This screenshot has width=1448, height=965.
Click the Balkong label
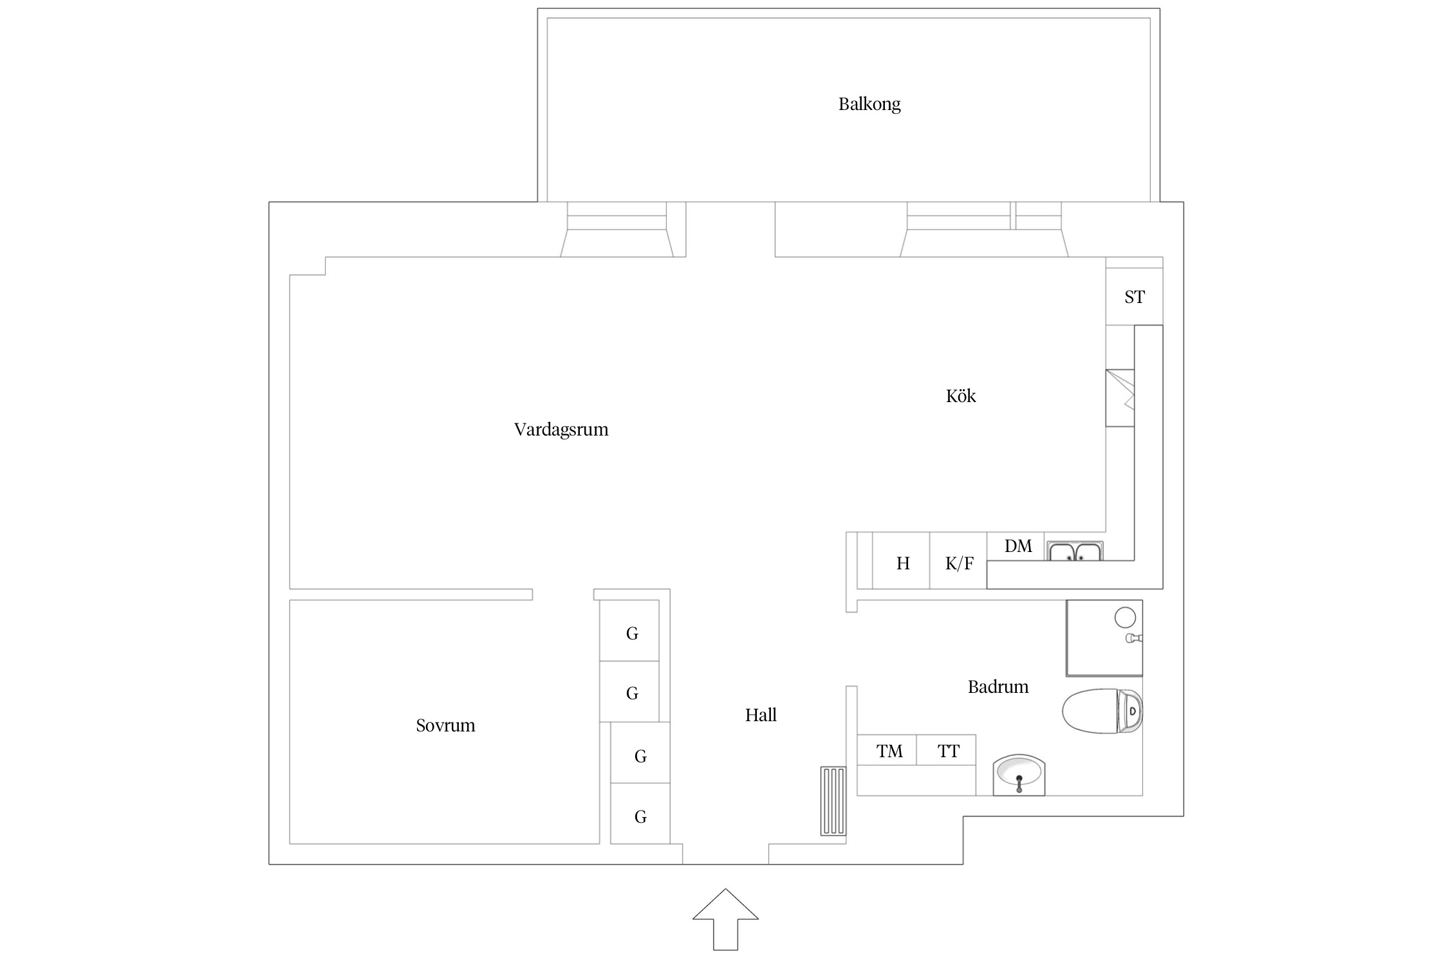869,104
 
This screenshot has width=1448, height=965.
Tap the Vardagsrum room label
561,430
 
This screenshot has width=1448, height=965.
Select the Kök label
960,396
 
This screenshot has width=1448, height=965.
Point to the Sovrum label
445,726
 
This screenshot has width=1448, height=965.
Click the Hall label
761,715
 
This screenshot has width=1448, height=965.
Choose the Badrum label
998,687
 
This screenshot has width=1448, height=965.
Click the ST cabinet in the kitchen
1134,297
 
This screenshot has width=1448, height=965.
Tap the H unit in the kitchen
902,564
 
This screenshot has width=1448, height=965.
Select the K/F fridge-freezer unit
959,564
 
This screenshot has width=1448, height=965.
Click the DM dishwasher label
1017,546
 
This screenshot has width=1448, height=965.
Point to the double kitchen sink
1075,552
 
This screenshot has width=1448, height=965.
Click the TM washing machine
889,751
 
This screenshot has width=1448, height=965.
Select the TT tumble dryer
948,751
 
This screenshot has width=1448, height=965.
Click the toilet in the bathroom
1100,711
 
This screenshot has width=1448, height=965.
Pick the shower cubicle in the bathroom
1104,638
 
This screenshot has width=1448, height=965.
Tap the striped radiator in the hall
833,800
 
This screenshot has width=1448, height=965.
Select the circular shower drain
1124,617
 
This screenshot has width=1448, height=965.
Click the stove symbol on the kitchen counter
1120,398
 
